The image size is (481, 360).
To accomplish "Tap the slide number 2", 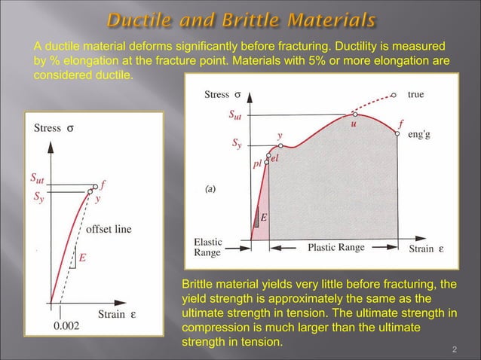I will pos(455,349).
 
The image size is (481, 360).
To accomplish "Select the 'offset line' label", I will pos(110,229).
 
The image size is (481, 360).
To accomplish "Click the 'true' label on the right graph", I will pos(415,95).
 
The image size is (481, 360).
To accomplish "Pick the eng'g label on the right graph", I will pos(421,136).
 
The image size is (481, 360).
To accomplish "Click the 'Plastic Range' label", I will pos(336,247).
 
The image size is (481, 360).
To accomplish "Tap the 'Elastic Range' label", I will pos(207,248).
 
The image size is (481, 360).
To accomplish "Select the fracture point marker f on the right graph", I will pos(397,133).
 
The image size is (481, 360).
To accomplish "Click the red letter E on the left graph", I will pos(82,258).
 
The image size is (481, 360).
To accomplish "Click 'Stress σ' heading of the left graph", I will pos(54,128).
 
